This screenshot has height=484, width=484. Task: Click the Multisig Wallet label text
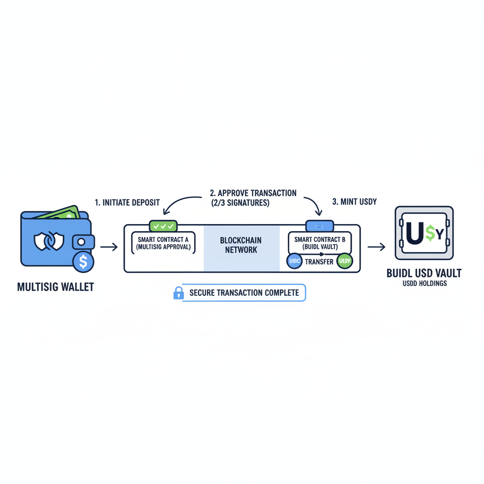point(55,287)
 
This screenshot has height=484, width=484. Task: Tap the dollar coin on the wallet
point(83,261)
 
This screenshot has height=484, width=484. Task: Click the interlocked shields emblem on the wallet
point(49,241)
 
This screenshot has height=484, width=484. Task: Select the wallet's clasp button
point(82,242)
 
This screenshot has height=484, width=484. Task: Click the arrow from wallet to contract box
point(109,247)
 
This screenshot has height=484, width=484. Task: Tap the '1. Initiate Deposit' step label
point(127,202)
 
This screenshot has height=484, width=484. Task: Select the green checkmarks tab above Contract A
point(163,226)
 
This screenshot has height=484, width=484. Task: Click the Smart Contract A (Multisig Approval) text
point(163,243)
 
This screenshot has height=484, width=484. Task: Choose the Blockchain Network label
point(241,245)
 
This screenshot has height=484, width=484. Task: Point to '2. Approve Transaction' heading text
point(253,193)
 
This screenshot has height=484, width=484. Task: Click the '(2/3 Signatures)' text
point(240,203)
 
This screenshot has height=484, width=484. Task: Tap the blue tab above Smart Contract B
point(320,226)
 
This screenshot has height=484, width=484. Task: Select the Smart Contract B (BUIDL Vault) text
point(320,243)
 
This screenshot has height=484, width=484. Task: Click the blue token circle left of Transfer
point(294,261)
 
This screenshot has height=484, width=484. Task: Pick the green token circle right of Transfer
point(345,261)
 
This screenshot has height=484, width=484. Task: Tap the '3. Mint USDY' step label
point(354,202)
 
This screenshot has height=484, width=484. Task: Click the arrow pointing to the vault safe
point(376,247)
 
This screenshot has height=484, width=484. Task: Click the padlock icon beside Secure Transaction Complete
point(178,293)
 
